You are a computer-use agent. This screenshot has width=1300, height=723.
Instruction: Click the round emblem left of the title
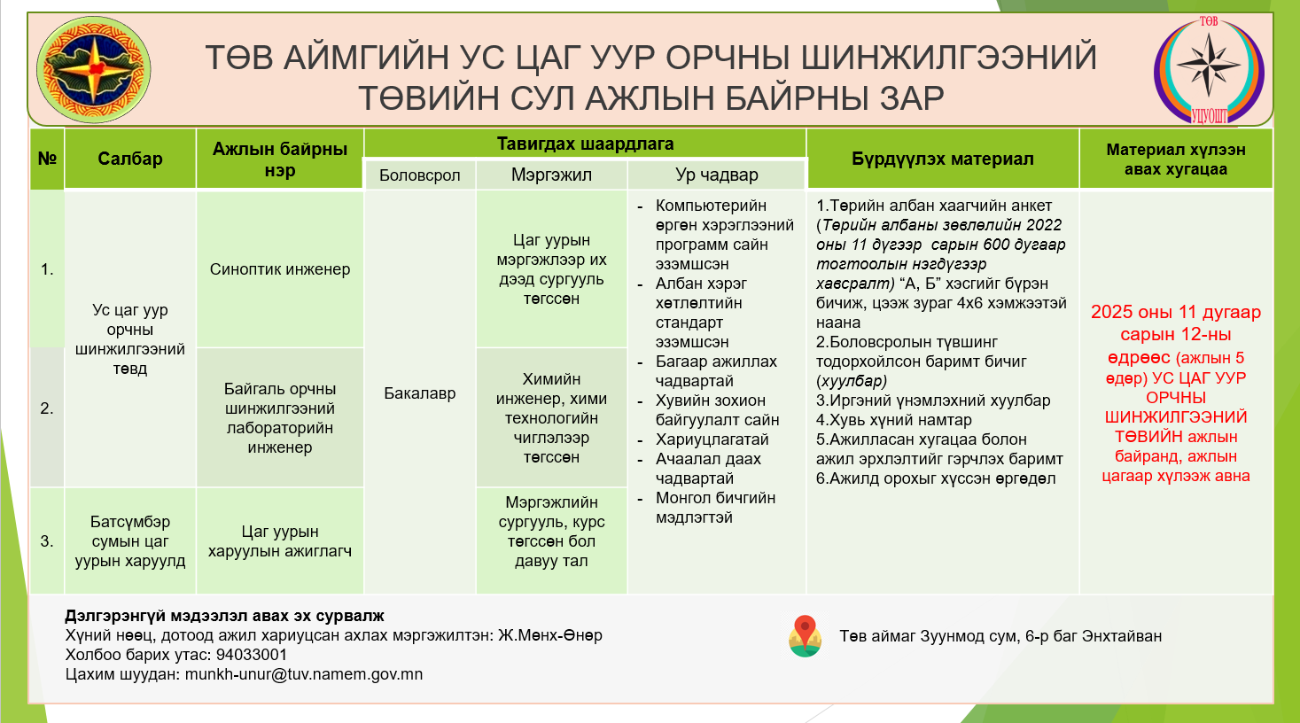(x=93, y=70)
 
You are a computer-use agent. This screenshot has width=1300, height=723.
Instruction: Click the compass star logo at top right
(x=1210, y=70)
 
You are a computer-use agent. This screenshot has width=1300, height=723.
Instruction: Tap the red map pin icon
(x=805, y=636)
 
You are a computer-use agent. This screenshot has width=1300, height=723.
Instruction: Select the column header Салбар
(x=130, y=159)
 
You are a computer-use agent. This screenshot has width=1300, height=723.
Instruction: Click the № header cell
(x=47, y=159)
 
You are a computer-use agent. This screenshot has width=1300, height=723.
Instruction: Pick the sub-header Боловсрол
(x=420, y=175)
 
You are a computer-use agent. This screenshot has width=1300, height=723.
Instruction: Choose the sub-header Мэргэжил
(x=551, y=175)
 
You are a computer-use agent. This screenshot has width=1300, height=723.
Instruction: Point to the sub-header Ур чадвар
(x=717, y=175)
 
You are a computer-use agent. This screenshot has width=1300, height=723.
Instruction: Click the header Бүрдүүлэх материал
(x=943, y=159)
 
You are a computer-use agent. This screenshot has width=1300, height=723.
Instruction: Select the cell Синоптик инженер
(x=280, y=269)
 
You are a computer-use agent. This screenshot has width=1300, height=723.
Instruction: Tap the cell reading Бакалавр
(x=420, y=393)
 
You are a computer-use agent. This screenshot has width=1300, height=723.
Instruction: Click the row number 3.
(x=47, y=541)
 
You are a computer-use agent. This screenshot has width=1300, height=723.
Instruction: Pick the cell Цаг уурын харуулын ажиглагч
(x=280, y=540)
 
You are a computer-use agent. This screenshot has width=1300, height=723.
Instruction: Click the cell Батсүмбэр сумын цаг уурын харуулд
(x=130, y=540)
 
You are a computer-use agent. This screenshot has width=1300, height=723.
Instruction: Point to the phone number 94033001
(x=252, y=655)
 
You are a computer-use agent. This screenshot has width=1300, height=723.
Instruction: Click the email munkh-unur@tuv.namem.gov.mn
(x=304, y=674)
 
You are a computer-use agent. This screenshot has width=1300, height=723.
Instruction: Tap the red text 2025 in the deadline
(x=1112, y=312)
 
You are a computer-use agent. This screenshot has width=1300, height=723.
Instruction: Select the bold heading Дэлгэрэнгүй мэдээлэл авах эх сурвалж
(x=224, y=616)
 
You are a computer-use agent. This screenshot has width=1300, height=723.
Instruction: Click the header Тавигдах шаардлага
(x=585, y=144)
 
